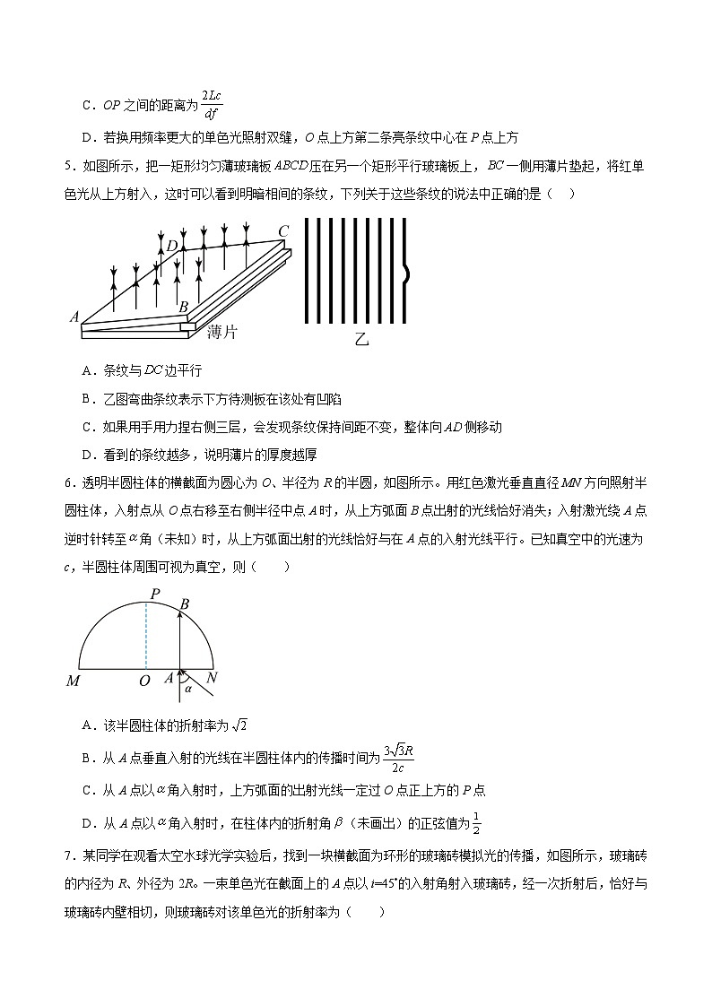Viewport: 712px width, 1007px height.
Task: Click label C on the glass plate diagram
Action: [283, 231]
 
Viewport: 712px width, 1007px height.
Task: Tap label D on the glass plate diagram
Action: [171, 247]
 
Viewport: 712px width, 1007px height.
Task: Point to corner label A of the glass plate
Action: [74, 317]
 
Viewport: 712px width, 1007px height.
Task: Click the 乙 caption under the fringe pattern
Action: [361, 340]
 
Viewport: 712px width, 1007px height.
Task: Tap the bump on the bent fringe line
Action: [408, 274]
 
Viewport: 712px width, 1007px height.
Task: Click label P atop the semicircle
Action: [155, 595]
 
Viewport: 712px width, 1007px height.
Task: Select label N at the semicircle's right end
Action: [212, 679]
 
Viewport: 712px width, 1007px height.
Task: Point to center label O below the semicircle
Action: [143, 681]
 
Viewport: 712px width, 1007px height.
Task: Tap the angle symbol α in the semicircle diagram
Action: [188, 690]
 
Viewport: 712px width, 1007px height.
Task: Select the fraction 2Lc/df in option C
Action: [210, 104]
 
